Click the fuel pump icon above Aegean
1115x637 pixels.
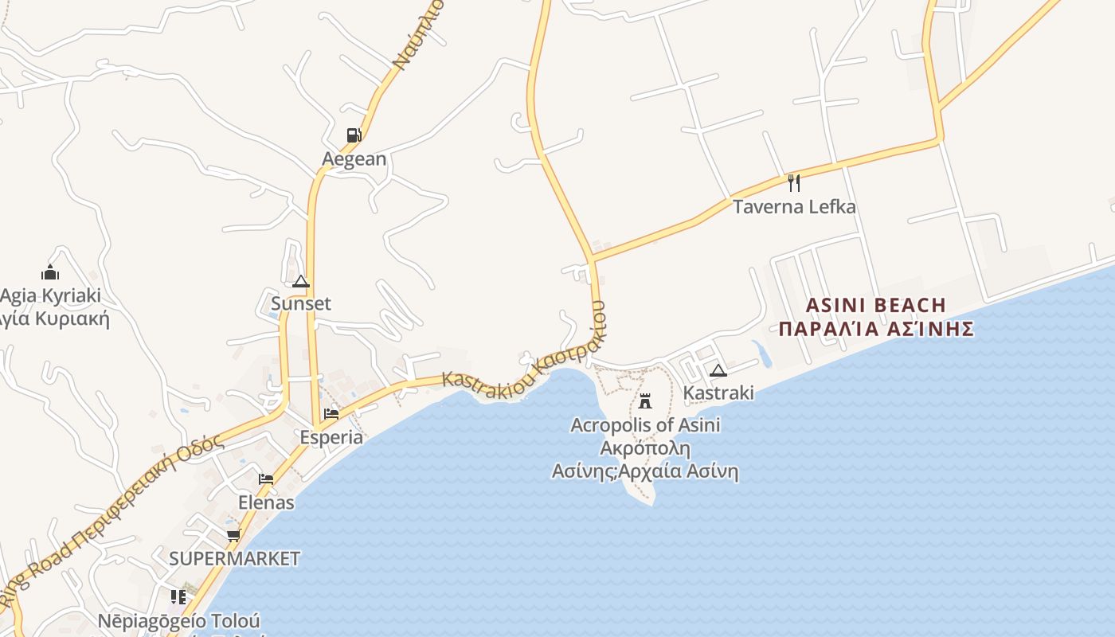354,135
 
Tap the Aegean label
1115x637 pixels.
354,158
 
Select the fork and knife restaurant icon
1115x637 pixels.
793,183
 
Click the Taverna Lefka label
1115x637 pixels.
794,207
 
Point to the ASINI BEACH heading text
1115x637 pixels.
876,305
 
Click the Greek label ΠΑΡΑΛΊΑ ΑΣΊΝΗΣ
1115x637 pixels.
876,329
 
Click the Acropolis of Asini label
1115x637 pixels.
645,425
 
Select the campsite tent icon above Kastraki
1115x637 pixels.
718,370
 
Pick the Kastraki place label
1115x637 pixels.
718,393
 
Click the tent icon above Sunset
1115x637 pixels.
300,281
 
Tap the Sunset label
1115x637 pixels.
300,303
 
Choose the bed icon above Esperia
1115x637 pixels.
331,414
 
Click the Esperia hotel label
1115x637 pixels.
331,437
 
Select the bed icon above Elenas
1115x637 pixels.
266,479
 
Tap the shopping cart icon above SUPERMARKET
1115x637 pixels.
233,535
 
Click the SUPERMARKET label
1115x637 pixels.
234,558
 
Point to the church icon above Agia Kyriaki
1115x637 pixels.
50,272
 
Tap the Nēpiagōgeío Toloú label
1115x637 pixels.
178,620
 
